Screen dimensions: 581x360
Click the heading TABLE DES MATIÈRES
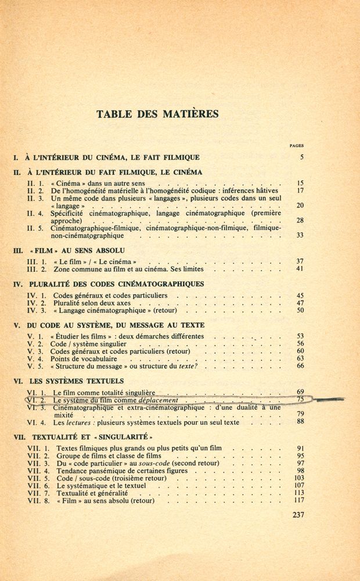(x=157, y=114)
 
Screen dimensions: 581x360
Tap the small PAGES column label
(x=296, y=146)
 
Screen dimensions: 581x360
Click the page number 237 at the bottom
(x=296, y=514)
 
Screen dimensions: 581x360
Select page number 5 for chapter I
(x=302, y=157)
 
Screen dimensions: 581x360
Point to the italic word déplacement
(x=159, y=401)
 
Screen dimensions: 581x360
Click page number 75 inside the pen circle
(x=300, y=400)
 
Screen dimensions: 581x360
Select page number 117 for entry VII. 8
(x=299, y=500)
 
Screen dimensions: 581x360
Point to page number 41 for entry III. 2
(x=300, y=269)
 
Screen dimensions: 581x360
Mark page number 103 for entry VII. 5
(x=299, y=478)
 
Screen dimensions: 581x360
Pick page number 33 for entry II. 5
(x=300, y=235)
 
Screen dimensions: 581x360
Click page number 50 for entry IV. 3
(x=300, y=310)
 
